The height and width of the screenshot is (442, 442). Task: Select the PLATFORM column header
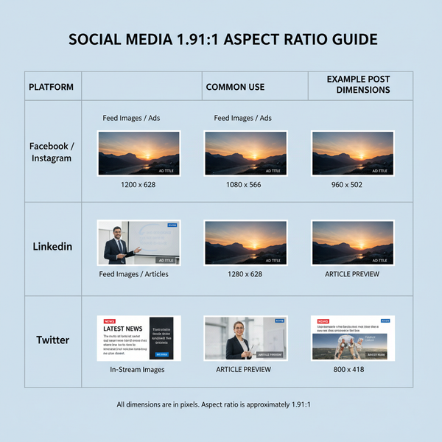tap(51, 87)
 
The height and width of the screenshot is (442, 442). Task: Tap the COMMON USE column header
tap(235, 87)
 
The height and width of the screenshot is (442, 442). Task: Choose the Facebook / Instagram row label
tap(52, 152)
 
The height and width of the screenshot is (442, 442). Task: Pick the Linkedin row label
tap(52, 246)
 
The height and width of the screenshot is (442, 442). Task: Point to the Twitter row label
tap(52, 340)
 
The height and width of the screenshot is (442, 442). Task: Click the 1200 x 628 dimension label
tap(138, 184)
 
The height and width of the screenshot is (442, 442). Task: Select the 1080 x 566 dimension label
tap(245, 184)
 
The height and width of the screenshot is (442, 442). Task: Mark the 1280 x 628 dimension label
tap(245, 274)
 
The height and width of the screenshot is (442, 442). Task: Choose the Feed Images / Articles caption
tap(133, 274)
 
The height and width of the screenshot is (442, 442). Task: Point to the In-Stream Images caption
tap(137, 369)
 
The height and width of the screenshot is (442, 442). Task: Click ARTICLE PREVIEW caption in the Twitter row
tap(244, 369)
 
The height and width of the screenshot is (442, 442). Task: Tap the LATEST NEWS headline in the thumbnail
tap(123, 329)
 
